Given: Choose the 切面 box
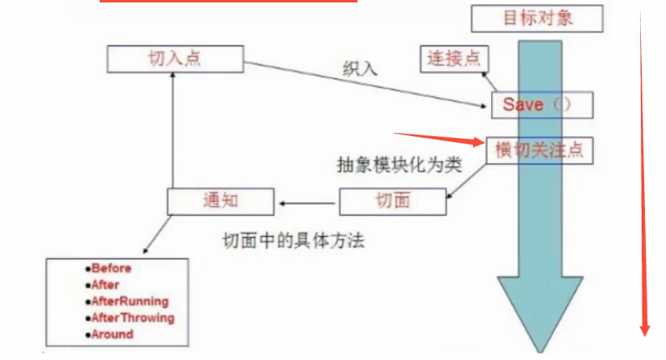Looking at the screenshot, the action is pyautogui.click(x=392, y=201).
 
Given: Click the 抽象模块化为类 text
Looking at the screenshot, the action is pyautogui.click(x=399, y=165).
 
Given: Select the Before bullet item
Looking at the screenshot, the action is pyautogui.click(x=111, y=268).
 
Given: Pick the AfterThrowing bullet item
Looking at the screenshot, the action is pyautogui.click(x=132, y=317).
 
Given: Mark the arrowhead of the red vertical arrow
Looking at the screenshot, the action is pyautogui.click(x=645, y=328).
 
